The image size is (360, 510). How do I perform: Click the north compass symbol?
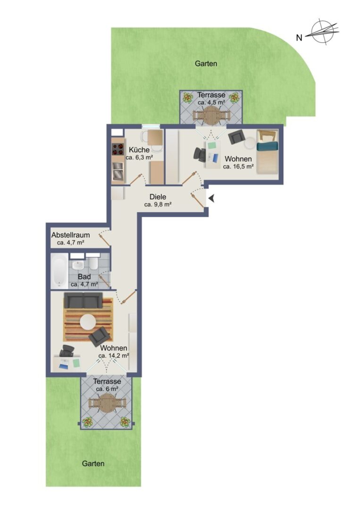325,32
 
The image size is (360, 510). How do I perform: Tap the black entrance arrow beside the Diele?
211,198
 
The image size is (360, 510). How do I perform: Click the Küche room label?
139,150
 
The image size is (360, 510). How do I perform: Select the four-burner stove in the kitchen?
118,149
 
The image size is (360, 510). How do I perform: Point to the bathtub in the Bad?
59,271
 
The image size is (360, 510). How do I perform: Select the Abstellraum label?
70,235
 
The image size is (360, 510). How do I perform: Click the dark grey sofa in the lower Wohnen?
83,300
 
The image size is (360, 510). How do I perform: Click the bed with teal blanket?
268,152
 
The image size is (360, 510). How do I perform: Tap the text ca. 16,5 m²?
238,167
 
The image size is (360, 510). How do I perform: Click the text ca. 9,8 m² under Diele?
158,204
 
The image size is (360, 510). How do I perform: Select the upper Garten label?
206,63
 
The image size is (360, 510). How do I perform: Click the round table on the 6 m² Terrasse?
106,403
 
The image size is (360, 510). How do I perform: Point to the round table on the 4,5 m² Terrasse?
211,116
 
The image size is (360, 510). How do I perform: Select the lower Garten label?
93,464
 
